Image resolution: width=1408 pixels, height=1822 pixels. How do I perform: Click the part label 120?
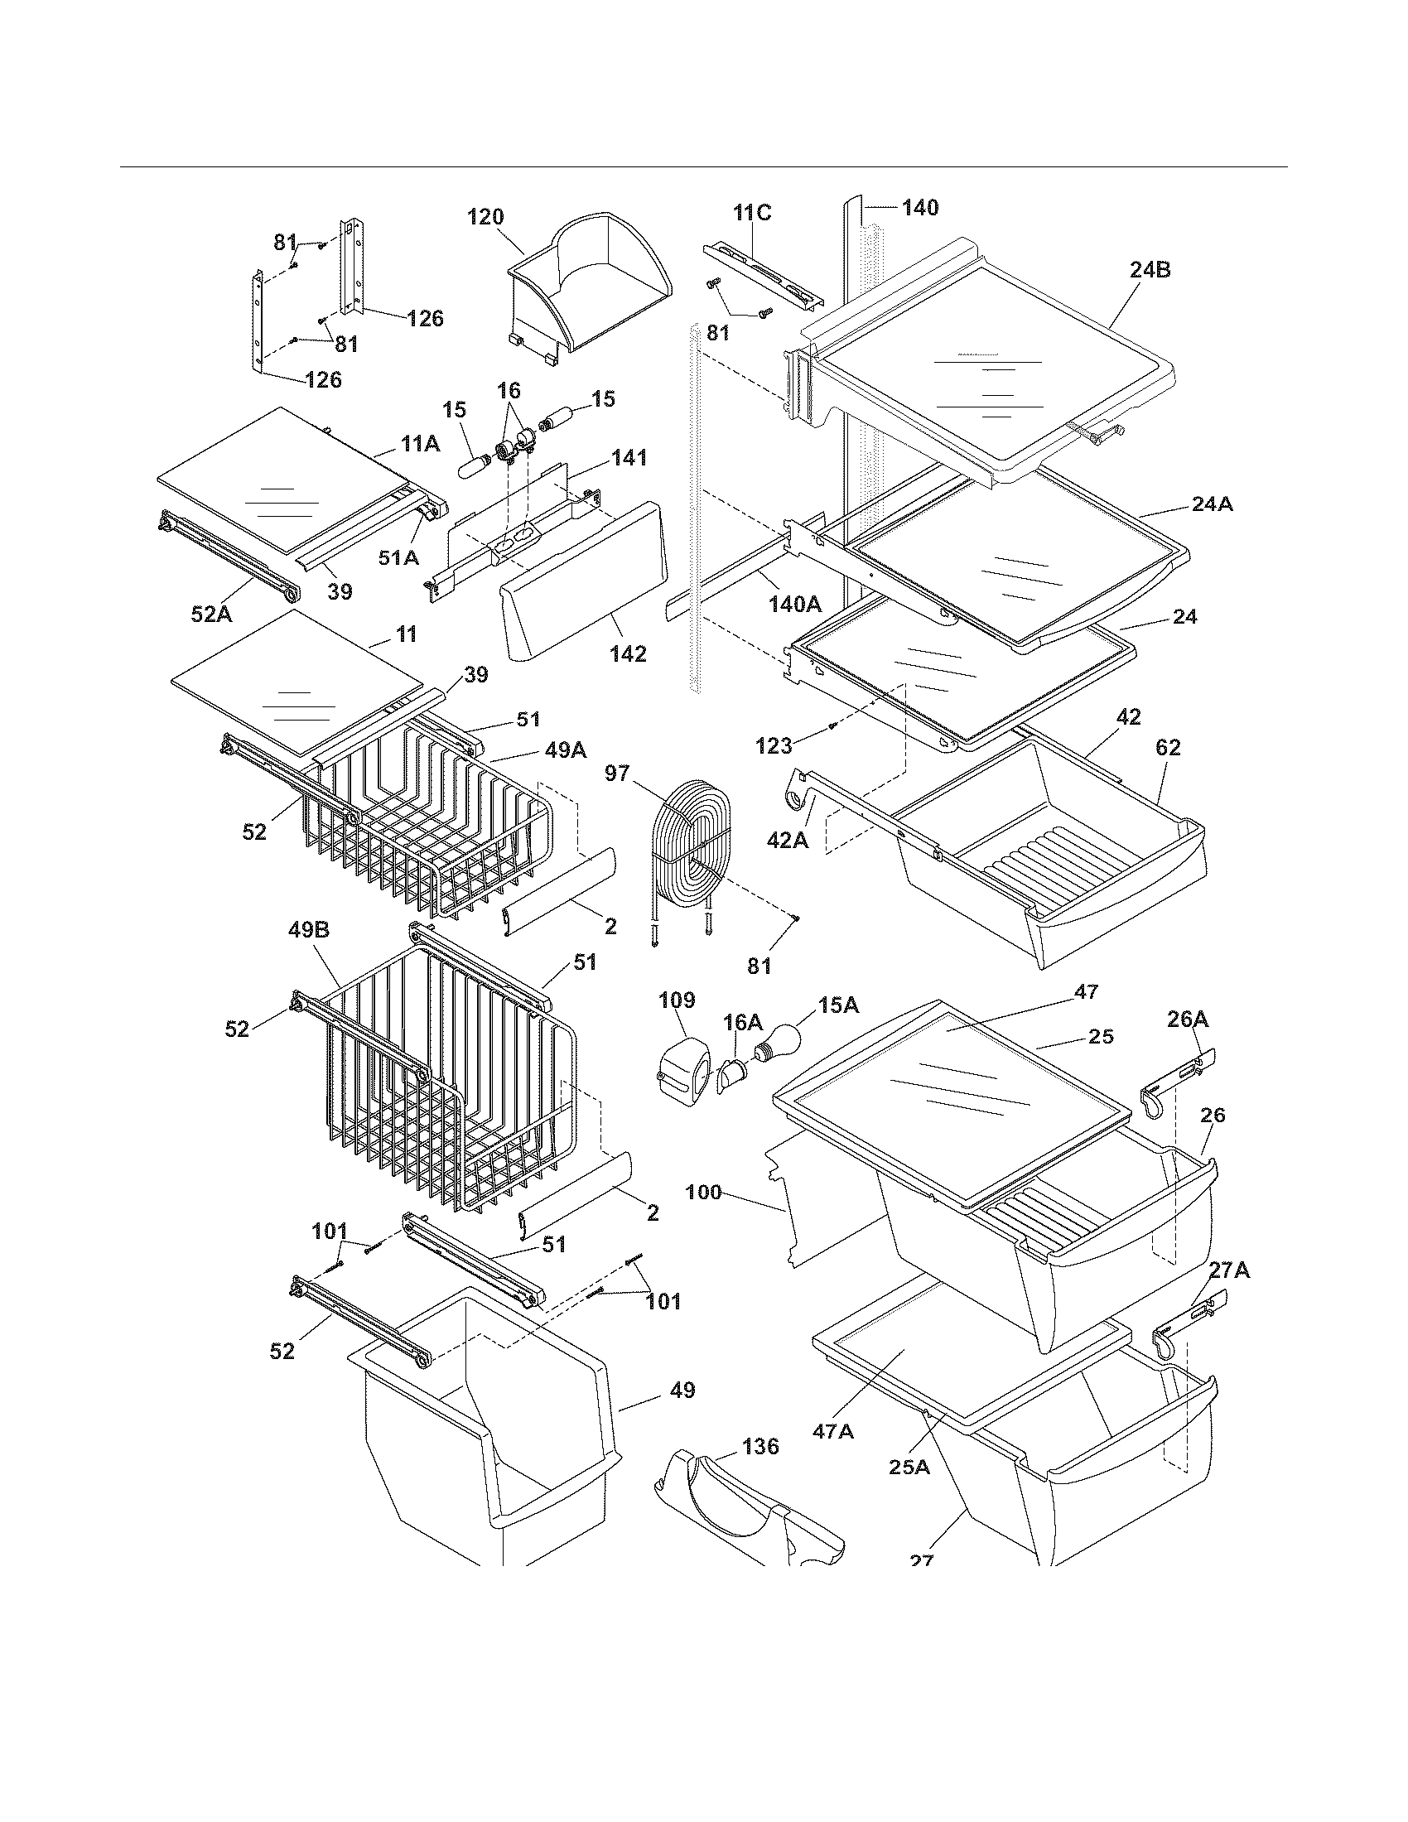point(485,217)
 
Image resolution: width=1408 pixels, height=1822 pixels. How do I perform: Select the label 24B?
point(1150,270)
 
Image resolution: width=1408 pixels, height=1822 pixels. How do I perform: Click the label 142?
point(627,653)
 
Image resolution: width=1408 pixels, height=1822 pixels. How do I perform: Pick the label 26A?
point(1188,1019)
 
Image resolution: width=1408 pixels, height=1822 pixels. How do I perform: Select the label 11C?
point(751,213)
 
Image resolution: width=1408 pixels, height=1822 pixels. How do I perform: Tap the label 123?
point(774,746)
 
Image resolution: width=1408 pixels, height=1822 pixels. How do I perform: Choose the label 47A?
point(833,1431)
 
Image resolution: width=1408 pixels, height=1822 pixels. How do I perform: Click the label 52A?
point(212,613)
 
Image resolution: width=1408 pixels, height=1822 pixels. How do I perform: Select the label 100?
point(705,1192)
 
